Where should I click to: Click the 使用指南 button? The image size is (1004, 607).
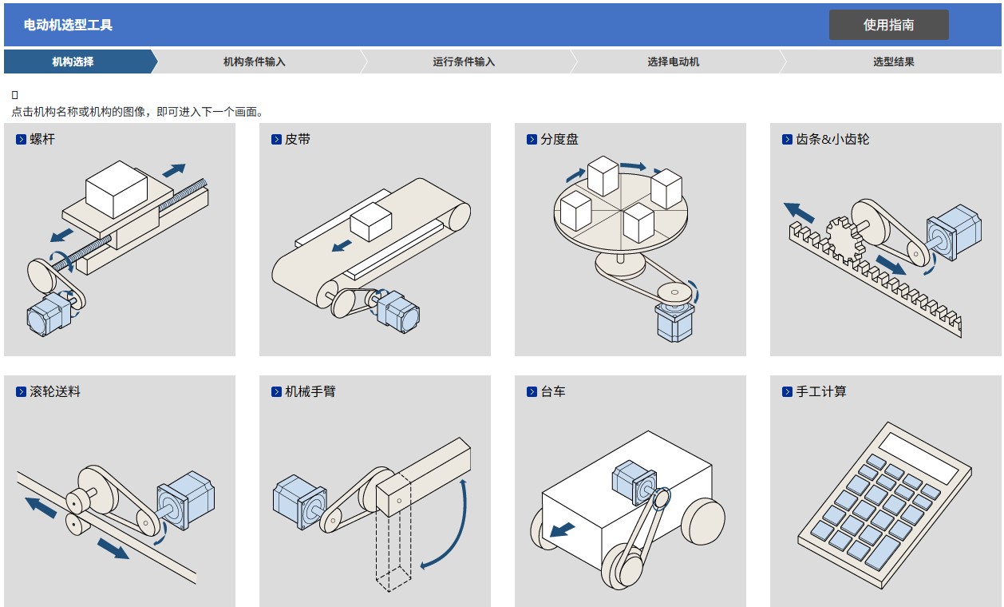click(888, 25)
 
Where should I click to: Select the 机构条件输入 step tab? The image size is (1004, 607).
click(254, 61)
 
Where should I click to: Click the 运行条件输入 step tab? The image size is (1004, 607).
click(464, 61)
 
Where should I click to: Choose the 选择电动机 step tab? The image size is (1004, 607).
click(673, 61)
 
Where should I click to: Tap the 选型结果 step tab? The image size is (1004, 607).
click(893, 61)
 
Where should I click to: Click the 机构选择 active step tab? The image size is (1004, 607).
click(73, 61)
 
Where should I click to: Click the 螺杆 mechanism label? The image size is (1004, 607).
click(42, 139)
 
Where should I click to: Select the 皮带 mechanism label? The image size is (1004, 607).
click(297, 139)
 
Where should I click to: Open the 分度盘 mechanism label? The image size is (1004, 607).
click(559, 139)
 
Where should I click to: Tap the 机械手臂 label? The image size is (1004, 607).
click(310, 391)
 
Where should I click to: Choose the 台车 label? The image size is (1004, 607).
click(552, 391)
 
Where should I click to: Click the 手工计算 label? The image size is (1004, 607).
click(820, 391)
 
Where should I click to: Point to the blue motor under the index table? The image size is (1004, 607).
click(674, 321)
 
